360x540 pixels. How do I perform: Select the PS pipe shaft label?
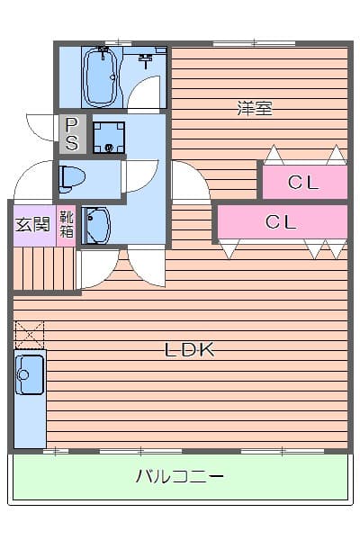tap(72, 133)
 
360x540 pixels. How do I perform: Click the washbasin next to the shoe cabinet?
tap(96, 224)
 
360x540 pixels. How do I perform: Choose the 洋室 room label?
tap(255, 109)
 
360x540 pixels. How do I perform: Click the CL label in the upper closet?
tap(303, 183)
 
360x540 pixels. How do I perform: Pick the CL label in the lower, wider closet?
tap(281, 222)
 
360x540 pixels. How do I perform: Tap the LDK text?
tap(189, 349)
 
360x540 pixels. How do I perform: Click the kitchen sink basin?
tap(29, 373)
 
